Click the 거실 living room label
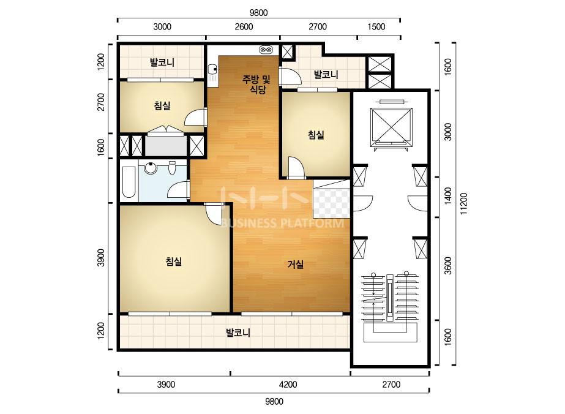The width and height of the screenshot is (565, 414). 296,265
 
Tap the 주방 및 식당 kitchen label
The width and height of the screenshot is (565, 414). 256,84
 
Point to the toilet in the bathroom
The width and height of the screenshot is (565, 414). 172,168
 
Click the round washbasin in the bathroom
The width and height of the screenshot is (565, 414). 151,168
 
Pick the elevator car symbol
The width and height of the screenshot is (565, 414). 391,127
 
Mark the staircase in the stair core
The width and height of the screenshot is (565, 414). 391,307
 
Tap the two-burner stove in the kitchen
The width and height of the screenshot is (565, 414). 266,50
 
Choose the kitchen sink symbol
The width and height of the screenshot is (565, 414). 212,72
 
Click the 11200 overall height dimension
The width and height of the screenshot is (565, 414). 464,204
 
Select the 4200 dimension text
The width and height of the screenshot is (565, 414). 288,385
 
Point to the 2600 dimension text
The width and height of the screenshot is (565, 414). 244,27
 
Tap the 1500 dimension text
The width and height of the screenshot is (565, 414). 376,27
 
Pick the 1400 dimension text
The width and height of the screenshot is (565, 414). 448,196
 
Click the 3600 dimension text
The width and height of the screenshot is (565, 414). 448,265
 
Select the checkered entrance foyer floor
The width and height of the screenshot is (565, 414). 332,203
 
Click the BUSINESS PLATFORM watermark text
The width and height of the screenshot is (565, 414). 282,223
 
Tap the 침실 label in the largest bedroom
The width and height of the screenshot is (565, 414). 173,262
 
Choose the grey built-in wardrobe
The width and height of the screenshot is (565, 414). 166,146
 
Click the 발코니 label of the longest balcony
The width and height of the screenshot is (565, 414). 238,332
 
